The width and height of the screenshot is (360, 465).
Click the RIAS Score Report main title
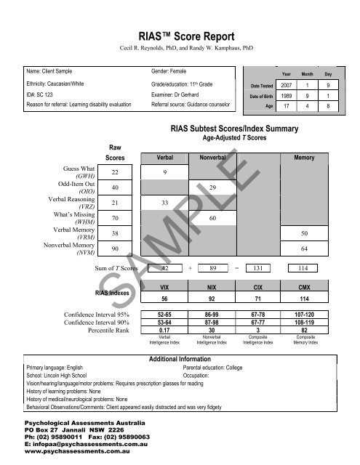pyautogui.click(x=180, y=34)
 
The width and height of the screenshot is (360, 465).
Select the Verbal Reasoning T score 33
pyautogui.click(x=166, y=203)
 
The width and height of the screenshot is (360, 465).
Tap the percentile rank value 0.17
pyautogui.click(x=166, y=330)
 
